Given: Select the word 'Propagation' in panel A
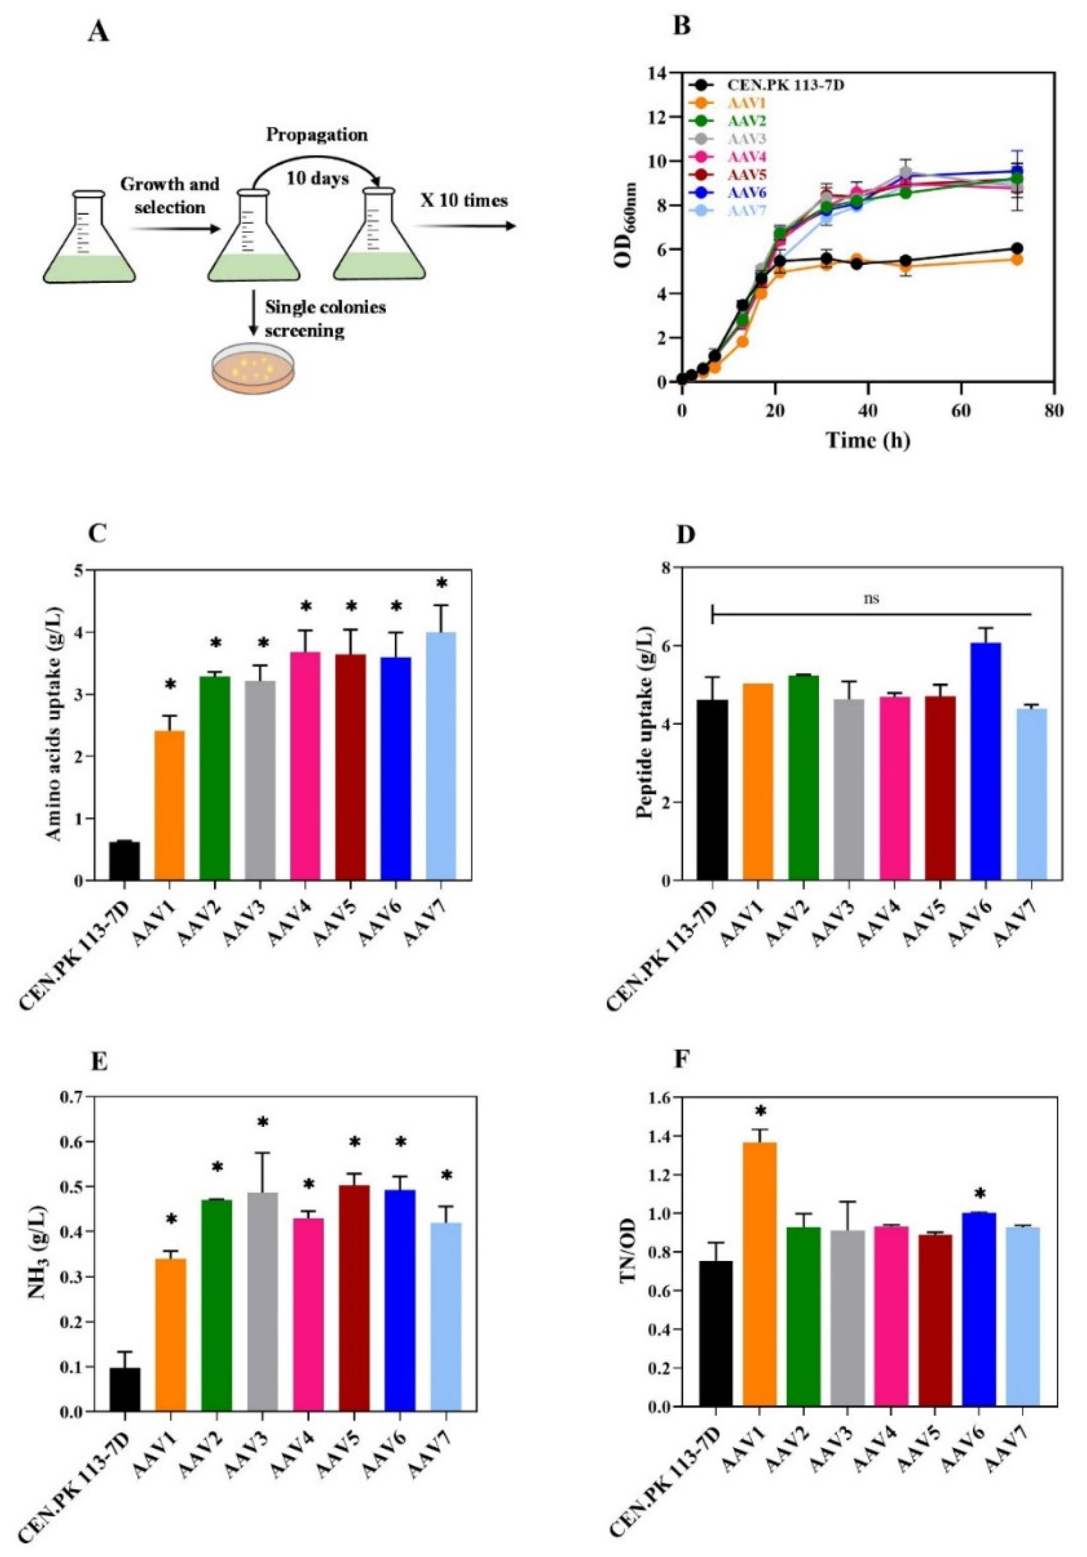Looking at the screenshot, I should pos(316,134).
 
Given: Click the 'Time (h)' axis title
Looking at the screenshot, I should pos(867,440).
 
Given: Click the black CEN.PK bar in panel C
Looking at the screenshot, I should pos(124,861).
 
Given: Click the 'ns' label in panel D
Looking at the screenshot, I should pos(871,599).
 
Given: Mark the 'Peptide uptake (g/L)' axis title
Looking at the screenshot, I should pos(645,724).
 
